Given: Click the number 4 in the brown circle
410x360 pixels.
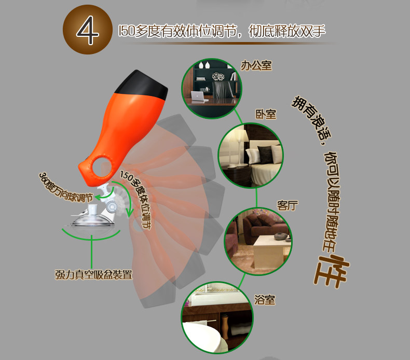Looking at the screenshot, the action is coord(87,30).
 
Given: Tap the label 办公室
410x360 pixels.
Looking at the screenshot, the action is coord(256,65).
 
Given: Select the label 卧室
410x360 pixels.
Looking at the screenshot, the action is coord(266,114).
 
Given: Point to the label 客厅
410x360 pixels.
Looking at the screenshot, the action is coord(288,205).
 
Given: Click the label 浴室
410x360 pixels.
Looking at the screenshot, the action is coord(265,300).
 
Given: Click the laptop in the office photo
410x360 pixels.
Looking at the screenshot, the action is coord(198,96).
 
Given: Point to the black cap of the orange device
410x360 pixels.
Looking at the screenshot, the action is coord(143,85).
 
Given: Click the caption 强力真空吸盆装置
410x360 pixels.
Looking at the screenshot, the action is coord(93,274).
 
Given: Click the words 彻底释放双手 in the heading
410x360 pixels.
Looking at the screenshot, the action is coord(287,31).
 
